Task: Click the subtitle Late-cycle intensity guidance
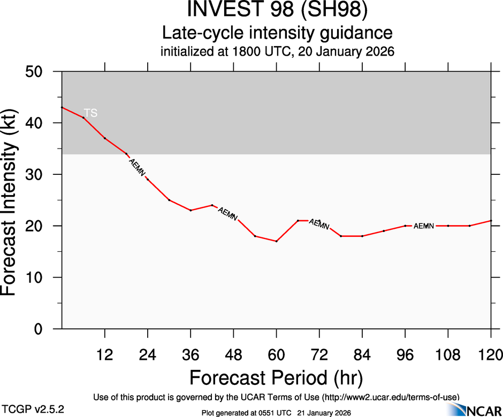point(277,33)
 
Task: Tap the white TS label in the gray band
point(90,113)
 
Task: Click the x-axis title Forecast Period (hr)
point(276,379)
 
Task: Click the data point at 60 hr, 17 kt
point(276,241)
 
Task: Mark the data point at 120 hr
point(491,221)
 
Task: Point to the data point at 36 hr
point(190,210)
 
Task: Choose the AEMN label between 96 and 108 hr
point(424,226)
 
